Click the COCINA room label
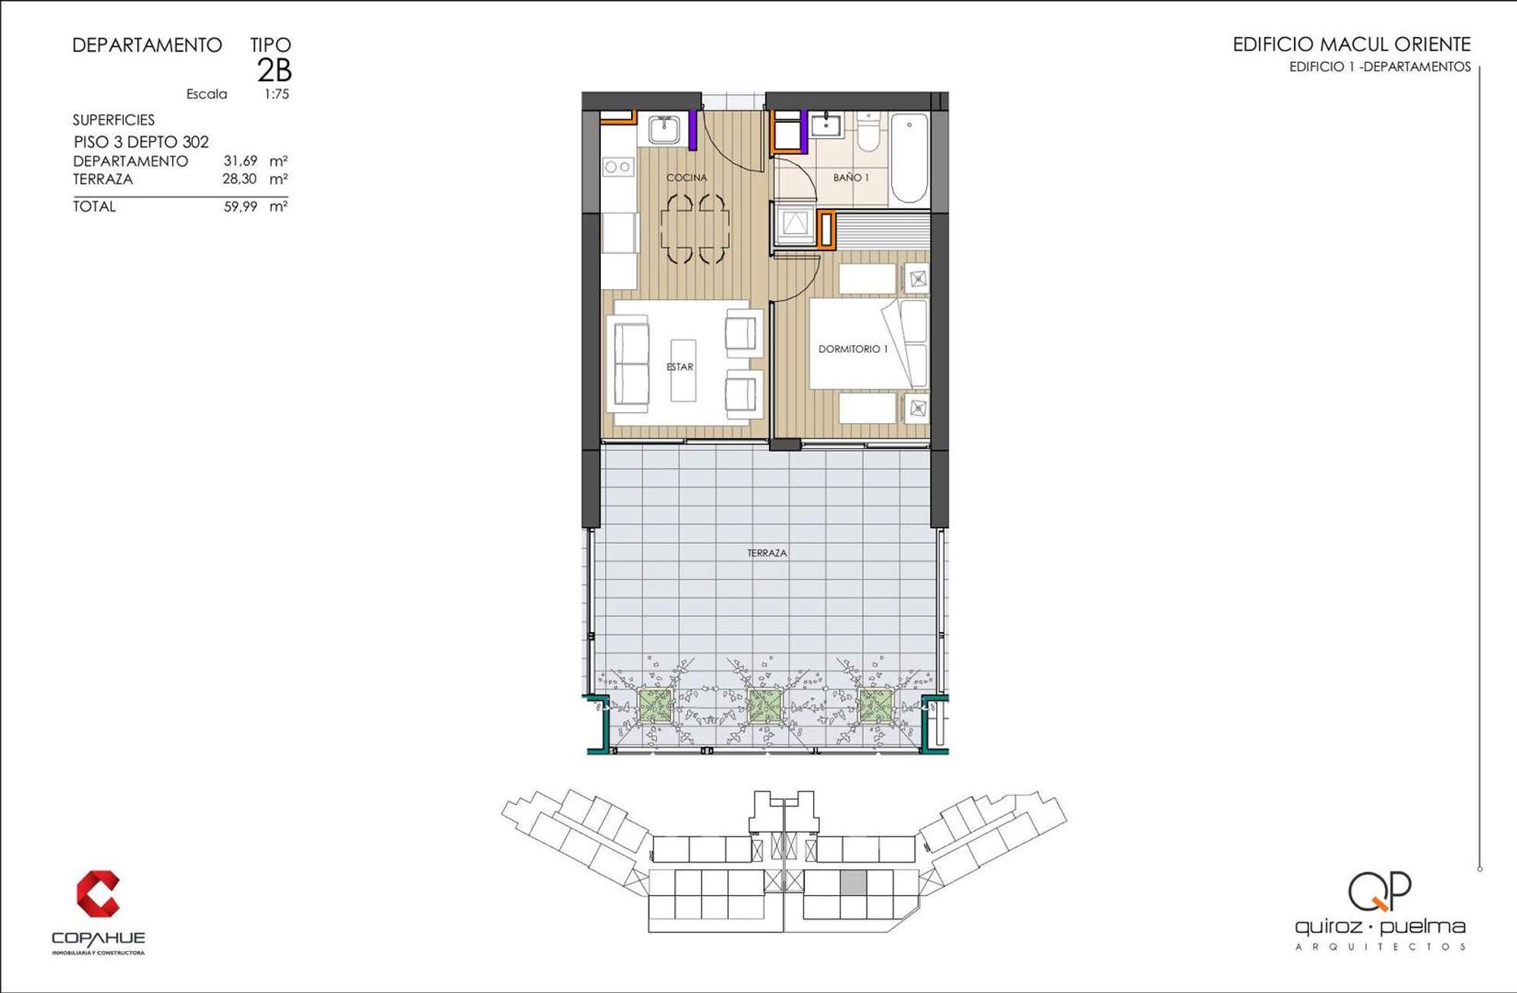tap(686, 178)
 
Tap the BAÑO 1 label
tap(851, 178)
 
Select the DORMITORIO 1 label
tap(853, 349)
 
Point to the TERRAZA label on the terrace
tap(767, 553)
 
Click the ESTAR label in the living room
tap(680, 367)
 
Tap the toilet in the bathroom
tap(868, 131)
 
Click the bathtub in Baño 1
tap(909, 158)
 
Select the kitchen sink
tap(664, 130)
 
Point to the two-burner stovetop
tap(618, 167)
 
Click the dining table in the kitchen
tap(695, 228)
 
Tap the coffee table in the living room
tap(683, 370)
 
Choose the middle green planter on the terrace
tap(765, 705)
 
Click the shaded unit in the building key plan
tap(853, 882)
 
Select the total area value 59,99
tap(240, 206)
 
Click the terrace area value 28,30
tap(240, 179)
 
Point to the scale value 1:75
tap(277, 94)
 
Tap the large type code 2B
tap(275, 70)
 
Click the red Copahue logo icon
tap(99, 894)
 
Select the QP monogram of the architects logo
tap(1380, 891)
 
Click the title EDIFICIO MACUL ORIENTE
tap(1352, 45)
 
